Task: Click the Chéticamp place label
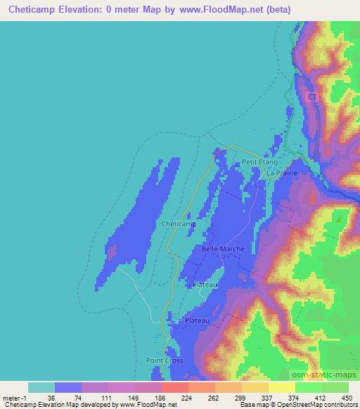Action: [x=178, y=223]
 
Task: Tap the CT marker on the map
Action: [x=312, y=98]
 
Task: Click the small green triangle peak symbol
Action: [x=340, y=220]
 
